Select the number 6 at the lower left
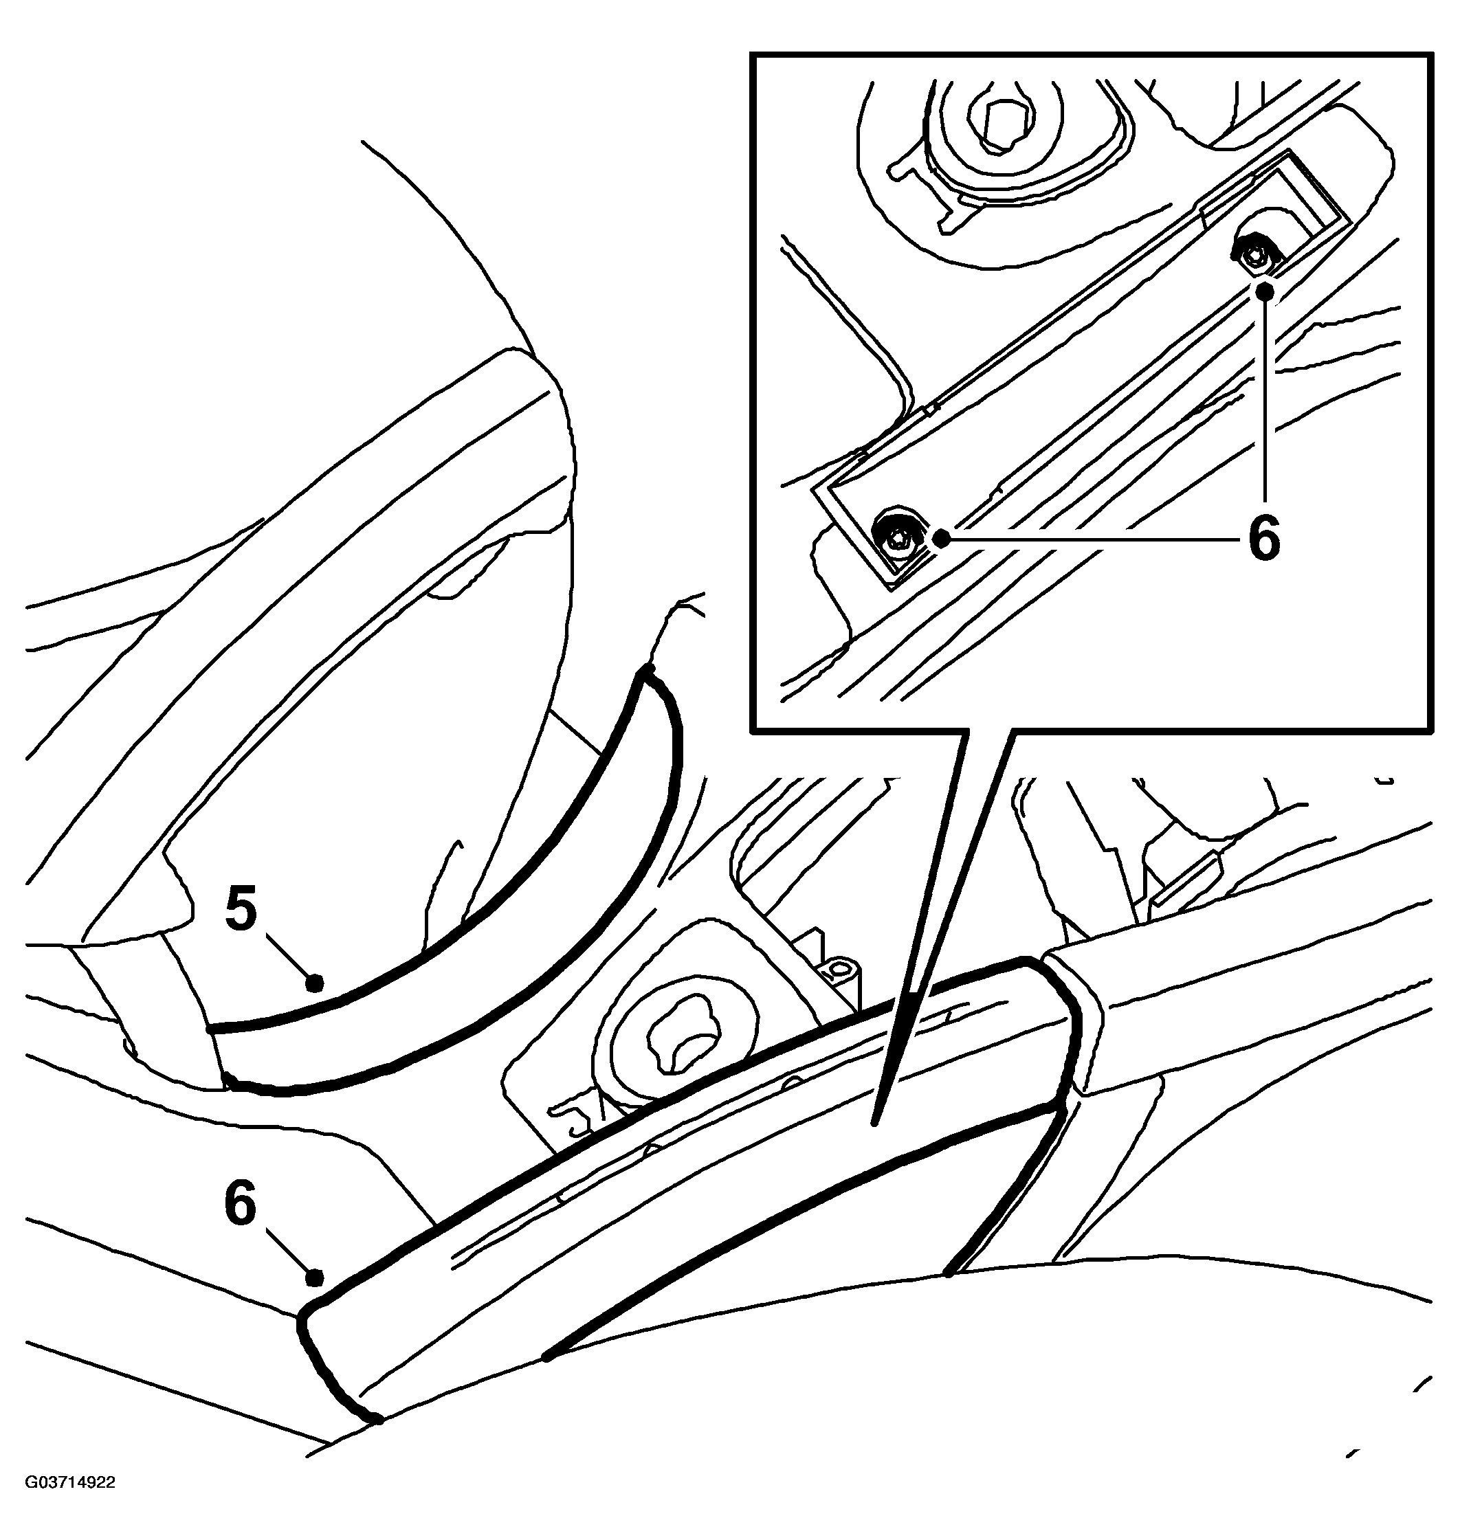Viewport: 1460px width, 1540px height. [x=240, y=1203]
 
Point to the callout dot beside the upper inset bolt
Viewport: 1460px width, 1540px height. [x=1265, y=291]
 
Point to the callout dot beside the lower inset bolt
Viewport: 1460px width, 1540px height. [x=942, y=537]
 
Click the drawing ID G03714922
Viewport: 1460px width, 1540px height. [x=70, y=1504]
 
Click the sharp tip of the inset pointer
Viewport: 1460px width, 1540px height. [x=875, y=1123]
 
